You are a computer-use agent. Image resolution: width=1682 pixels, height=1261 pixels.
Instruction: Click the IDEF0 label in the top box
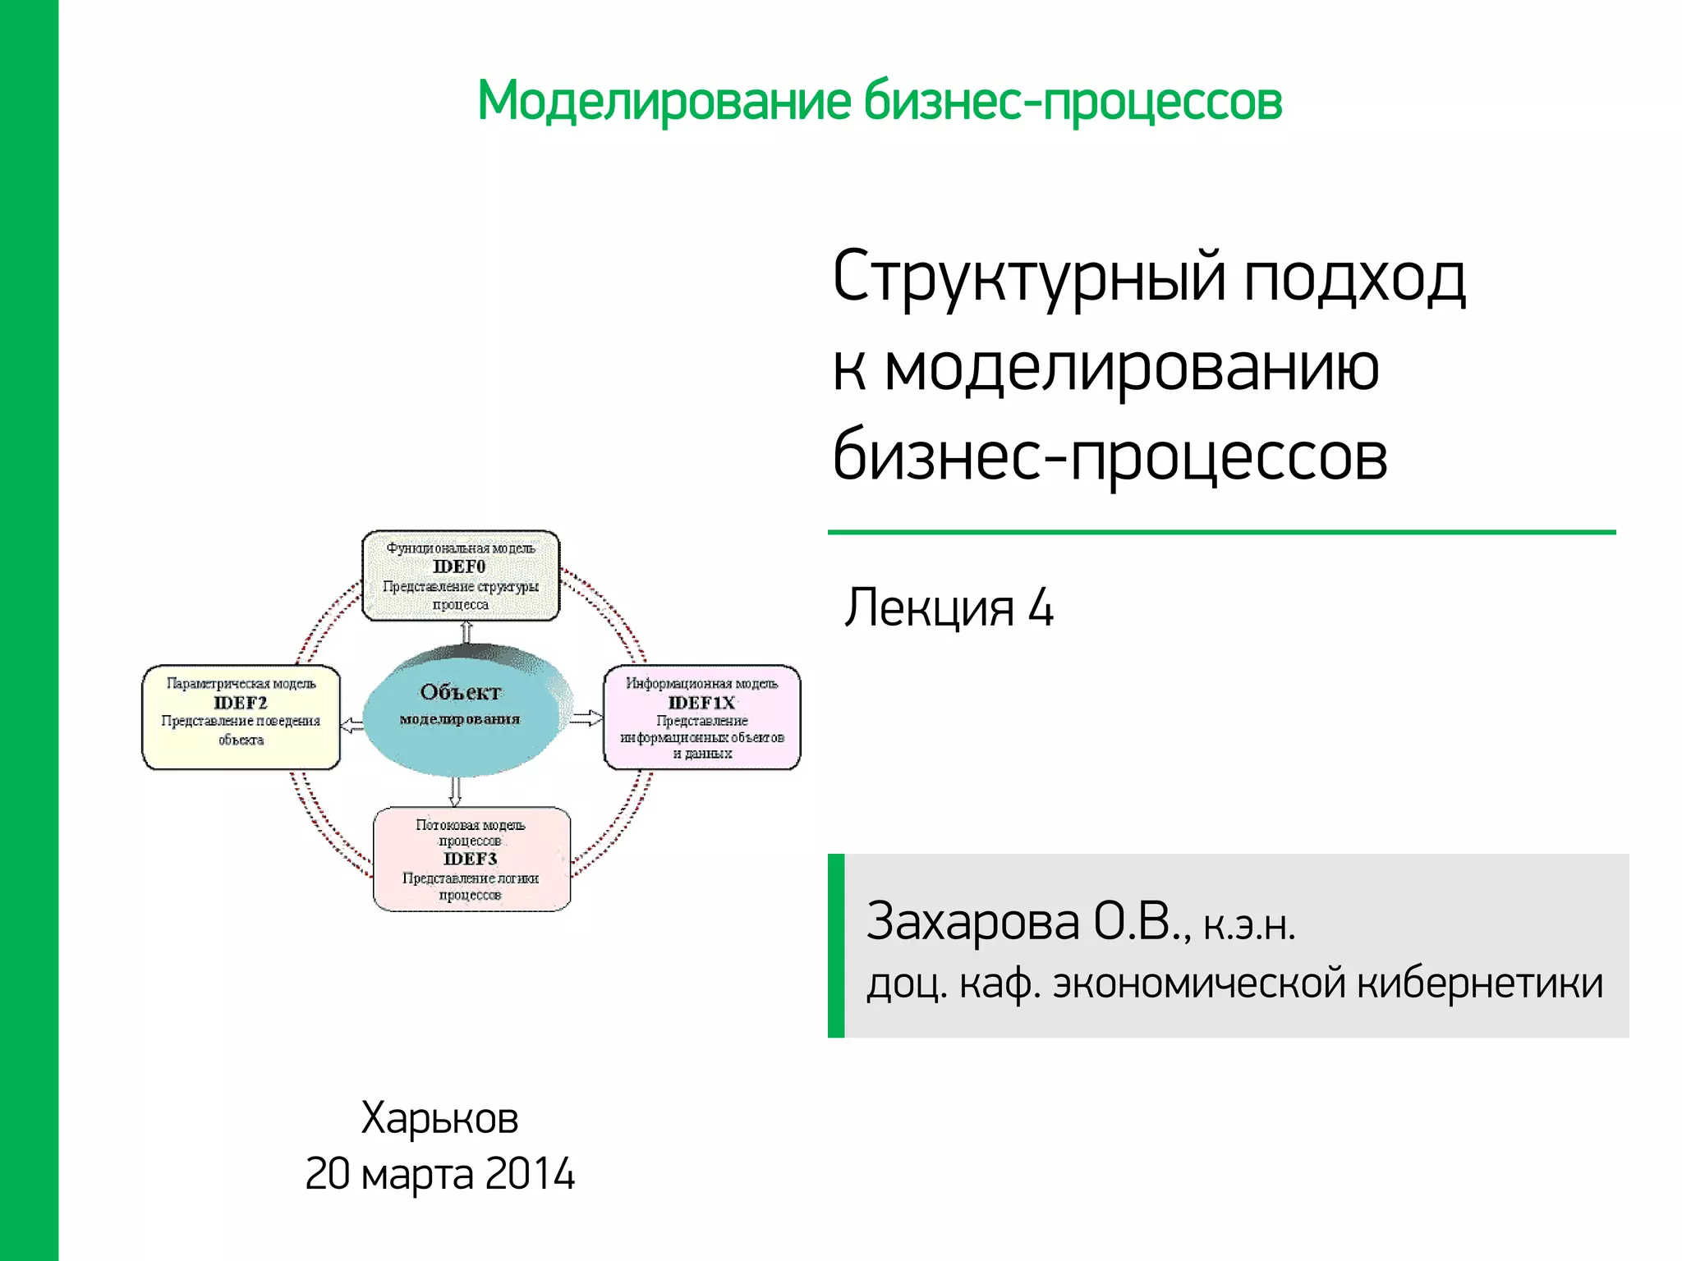pos(459,566)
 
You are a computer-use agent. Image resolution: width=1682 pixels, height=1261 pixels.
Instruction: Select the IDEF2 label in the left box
pos(241,703)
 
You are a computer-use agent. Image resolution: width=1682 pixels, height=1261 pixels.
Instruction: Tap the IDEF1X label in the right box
pos(701,703)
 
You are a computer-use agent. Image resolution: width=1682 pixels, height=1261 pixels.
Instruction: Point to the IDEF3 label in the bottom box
pos(470,859)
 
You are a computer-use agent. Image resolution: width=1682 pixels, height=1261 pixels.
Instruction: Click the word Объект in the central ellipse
pos(460,692)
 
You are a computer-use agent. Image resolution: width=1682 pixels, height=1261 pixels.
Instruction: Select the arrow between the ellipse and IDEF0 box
pos(466,632)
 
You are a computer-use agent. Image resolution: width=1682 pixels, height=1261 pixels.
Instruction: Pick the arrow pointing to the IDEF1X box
pos(586,718)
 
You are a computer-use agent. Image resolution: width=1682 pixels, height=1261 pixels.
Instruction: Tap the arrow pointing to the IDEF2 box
pos(352,725)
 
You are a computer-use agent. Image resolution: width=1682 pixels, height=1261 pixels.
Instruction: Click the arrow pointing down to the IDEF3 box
pos(455,791)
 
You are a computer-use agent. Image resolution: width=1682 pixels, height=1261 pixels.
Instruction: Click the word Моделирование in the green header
pos(664,101)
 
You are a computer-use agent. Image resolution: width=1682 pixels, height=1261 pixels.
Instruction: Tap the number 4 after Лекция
pos(1041,608)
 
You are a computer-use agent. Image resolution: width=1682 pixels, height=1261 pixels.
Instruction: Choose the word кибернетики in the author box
pos(1479,983)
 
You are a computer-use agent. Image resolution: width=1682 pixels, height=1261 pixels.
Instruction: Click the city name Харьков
pos(439,1117)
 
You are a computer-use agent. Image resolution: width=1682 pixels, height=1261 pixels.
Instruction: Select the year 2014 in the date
pos(530,1173)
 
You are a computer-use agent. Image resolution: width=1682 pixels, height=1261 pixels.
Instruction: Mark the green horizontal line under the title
pos(1221,532)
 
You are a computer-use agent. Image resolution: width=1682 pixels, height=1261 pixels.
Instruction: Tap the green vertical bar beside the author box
pos(836,946)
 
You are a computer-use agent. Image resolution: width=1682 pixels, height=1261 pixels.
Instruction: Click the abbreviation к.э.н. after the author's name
pos(1249,926)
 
